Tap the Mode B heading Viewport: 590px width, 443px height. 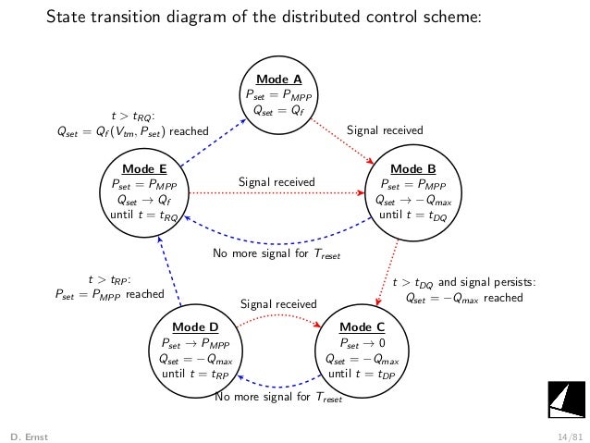(x=412, y=169)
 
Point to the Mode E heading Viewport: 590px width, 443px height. (x=143, y=169)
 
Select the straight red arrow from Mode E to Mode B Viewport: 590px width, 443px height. (x=277, y=193)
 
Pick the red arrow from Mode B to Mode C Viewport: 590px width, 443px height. (x=388, y=273)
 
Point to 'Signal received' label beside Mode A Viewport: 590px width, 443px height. (x=384, y=131)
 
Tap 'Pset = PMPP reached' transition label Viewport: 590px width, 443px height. (x=109, y=295)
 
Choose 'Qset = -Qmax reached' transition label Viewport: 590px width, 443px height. (x=464, y=298)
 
